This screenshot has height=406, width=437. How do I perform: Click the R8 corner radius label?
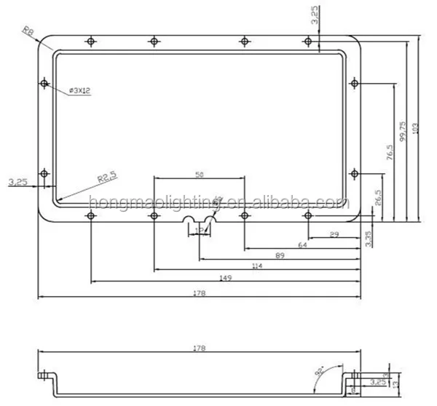[x=28, y=31]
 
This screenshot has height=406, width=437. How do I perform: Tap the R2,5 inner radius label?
[x=107, y=177]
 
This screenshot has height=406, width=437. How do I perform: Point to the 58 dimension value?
[x=199, y=175]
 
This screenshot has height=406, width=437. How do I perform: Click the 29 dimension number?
[x=334, y=234]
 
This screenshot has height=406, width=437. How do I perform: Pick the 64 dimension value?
[x=302, y=245]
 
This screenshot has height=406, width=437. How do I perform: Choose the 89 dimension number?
[x=280, y=256]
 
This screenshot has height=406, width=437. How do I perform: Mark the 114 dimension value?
[x=255, y=267]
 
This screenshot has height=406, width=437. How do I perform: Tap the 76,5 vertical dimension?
[x=390, y=154]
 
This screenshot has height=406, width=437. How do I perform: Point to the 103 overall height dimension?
[x=415, y=128]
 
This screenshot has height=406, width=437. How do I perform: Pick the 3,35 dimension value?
[x=369, y=238]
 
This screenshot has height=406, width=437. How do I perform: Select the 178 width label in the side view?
[x=200, y=348]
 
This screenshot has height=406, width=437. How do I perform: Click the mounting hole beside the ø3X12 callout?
[x=45, y=84]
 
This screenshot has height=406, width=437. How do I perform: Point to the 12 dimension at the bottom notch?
[x=199, y=230]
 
